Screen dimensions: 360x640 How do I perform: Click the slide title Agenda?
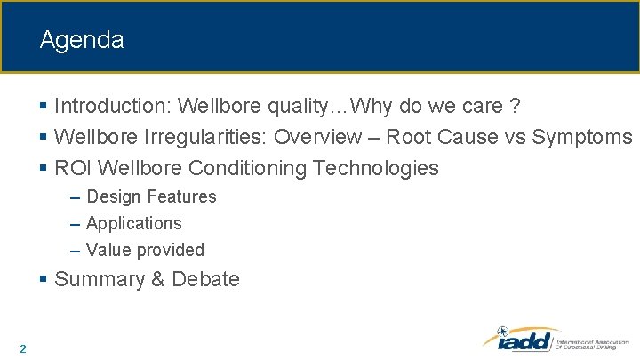(82, 40)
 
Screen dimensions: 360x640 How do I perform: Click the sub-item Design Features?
(151, 196)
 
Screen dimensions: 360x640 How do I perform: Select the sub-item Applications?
(133, 223)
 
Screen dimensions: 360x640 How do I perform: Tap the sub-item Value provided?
(145, 250)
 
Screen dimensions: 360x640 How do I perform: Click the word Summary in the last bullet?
(100, 279)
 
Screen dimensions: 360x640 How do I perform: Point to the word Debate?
(205, 279)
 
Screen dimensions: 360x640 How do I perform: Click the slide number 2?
(22, 348)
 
